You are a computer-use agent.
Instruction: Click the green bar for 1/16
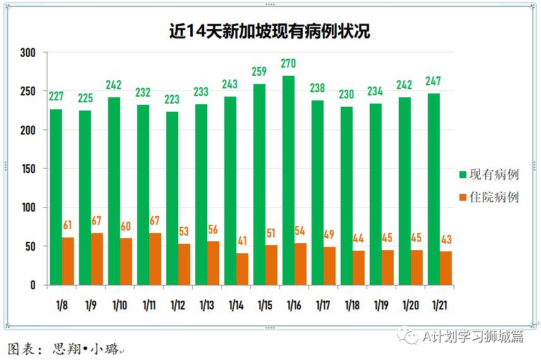[x=288, y=181]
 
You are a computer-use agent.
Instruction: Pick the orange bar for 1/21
[x=446, y=268]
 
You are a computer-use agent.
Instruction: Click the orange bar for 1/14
[x=242, y=269]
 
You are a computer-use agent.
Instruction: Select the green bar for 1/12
[x=172, y=198]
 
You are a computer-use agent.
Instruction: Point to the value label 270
[x=288, y=63]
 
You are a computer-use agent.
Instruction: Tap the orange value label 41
[x=242, y=241]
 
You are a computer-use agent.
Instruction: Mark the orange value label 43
[x=446, y=239]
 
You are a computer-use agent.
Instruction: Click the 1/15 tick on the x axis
[x=265, y=306]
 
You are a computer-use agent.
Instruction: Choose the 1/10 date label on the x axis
[x=119, y=306]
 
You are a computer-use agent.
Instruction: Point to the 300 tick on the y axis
[x=28, y=52]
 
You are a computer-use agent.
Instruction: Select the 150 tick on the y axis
[x=28, y=169]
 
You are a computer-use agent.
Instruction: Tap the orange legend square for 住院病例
[x=463, y=198]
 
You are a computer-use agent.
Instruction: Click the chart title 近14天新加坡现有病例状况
[x=269, y=31]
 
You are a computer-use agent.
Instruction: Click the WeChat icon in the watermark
[x=411, y=336]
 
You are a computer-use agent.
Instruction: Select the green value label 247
[x=433, y=81]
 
